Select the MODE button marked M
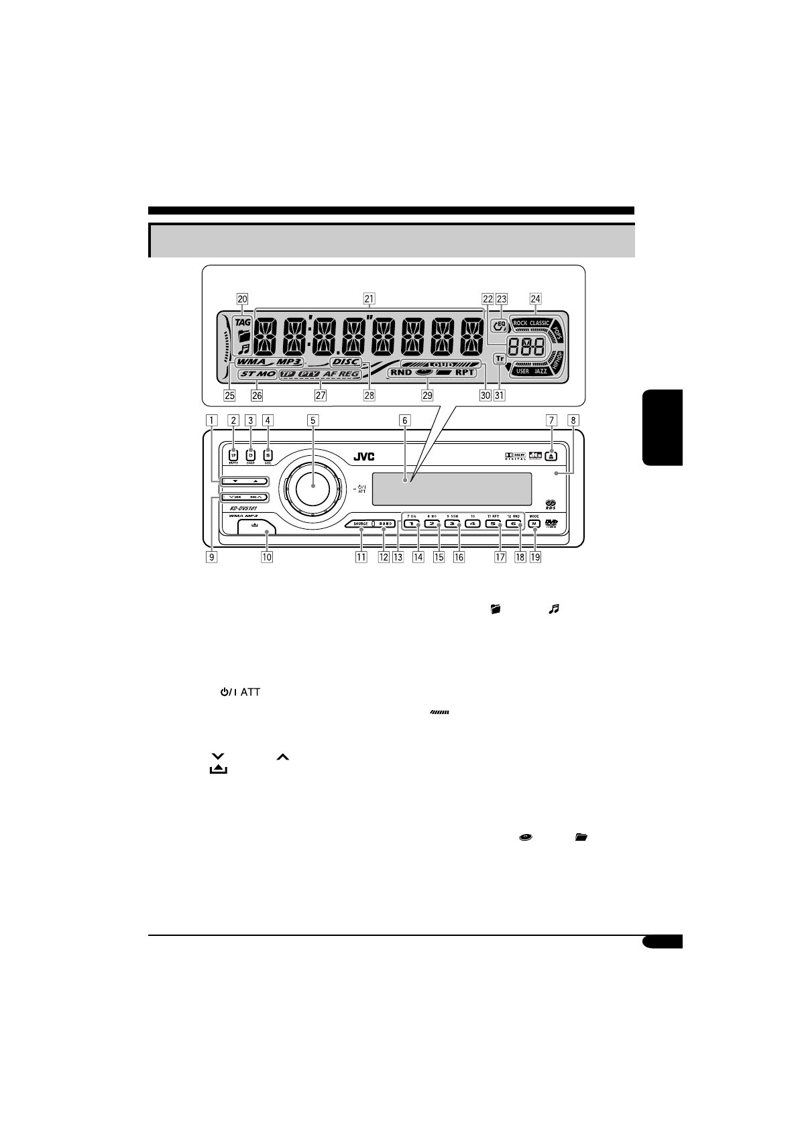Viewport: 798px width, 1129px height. pos(534,524)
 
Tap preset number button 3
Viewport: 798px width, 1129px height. pos(452,524)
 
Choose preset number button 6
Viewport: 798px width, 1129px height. pos(514,524)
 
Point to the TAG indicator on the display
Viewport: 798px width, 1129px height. pos(243,321)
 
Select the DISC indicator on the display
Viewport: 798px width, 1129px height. pos(345,362)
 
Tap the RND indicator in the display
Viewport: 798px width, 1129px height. pos(401,372)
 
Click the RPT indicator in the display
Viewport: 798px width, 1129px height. pos(464,372)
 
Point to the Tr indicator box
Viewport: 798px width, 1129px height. pos(499,359)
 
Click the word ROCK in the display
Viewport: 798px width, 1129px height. pos(521,323)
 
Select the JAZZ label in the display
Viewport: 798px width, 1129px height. pos(540,371)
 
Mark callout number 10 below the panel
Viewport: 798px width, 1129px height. pos(267,556)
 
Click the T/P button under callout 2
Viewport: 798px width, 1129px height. pos(233,453)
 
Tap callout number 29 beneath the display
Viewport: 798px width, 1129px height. pos(427,395)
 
